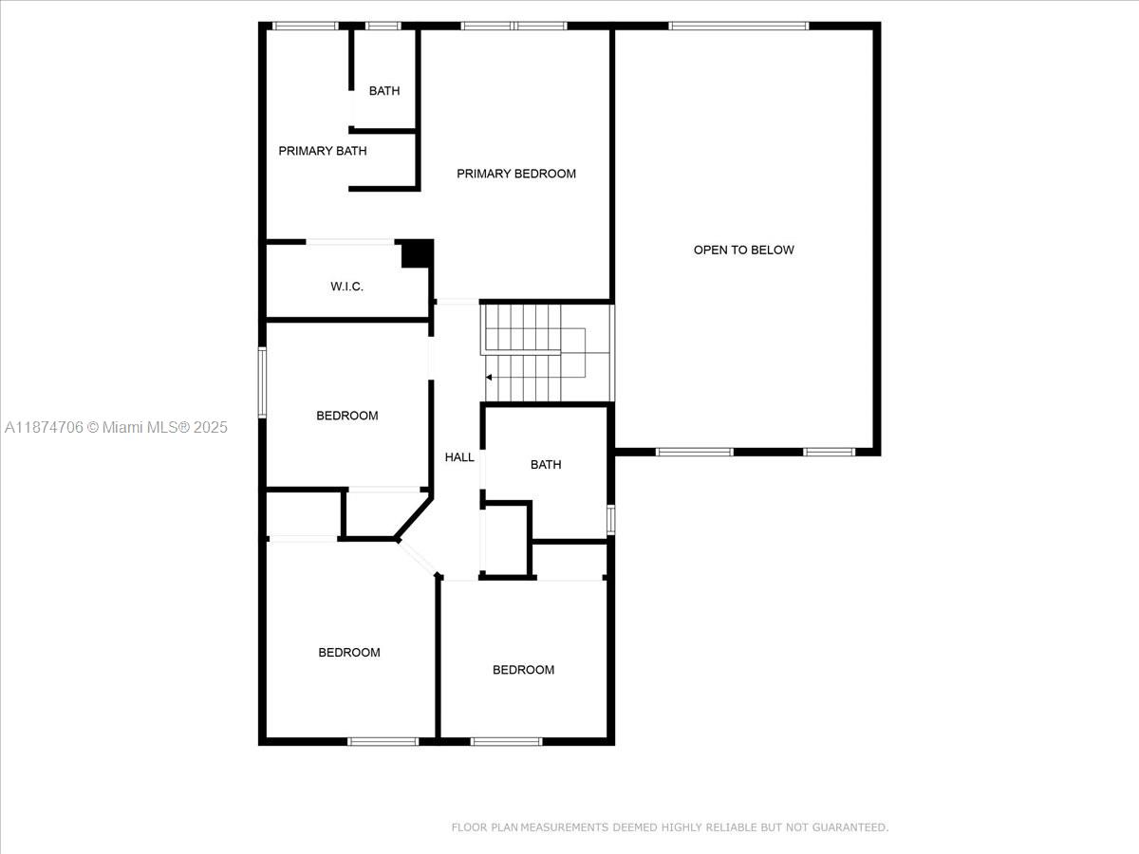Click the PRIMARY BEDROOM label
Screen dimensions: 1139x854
(515, 174)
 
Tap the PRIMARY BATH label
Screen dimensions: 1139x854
(322, 151)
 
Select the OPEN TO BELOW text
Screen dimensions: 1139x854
(743, 250)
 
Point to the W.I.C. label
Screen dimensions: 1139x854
(346, 287)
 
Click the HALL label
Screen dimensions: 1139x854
(459, 457)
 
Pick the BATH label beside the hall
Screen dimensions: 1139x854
(546, 465)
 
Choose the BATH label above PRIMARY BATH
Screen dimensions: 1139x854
(384, 91)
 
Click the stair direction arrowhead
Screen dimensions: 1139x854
(488, 378)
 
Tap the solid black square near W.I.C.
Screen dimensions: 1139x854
(417, 254)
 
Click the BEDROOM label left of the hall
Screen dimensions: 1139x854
(347, 416)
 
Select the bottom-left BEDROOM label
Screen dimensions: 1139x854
(349, 652)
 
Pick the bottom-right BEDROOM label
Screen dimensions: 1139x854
(523, 670)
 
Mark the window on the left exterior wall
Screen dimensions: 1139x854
(262, 382)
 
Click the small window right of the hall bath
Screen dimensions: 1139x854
(610, 520)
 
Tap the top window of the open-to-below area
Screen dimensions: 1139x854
(738, 26)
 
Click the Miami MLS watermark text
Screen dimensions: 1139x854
(116, 427)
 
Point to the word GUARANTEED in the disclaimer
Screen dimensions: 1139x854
(850, 827)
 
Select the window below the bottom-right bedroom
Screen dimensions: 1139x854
(507, 741)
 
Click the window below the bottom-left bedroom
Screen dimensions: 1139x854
(383, 741)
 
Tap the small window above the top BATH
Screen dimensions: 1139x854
(383, 26)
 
